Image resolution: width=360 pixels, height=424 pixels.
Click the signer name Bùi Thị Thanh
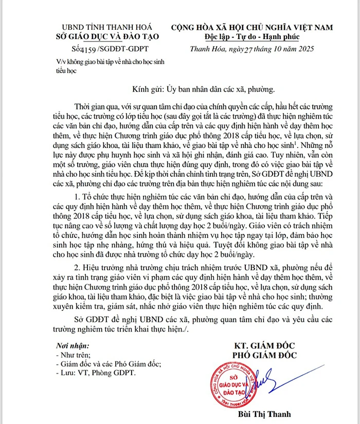pyautogui.click(x=261, y=414)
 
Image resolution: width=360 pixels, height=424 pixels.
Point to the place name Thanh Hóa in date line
pyautogui.click(x=205, y=50)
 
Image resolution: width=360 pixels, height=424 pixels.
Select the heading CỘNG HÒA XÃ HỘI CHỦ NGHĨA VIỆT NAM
pyautogui.click(x=251, y=27)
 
